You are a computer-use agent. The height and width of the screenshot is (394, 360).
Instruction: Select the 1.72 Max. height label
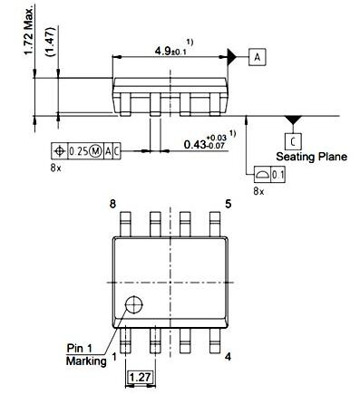29,31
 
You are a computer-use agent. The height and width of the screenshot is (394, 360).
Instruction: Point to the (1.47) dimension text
50,42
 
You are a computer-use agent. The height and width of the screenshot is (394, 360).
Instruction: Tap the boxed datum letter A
258,57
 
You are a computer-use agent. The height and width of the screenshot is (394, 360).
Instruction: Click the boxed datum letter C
293,141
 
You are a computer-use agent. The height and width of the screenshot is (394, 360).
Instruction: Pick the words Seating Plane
312,157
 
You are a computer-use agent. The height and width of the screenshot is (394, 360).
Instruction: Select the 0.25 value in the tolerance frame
78,150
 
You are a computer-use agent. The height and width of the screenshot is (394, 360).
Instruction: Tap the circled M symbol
95,150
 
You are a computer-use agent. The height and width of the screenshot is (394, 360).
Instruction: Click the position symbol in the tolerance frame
60,150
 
